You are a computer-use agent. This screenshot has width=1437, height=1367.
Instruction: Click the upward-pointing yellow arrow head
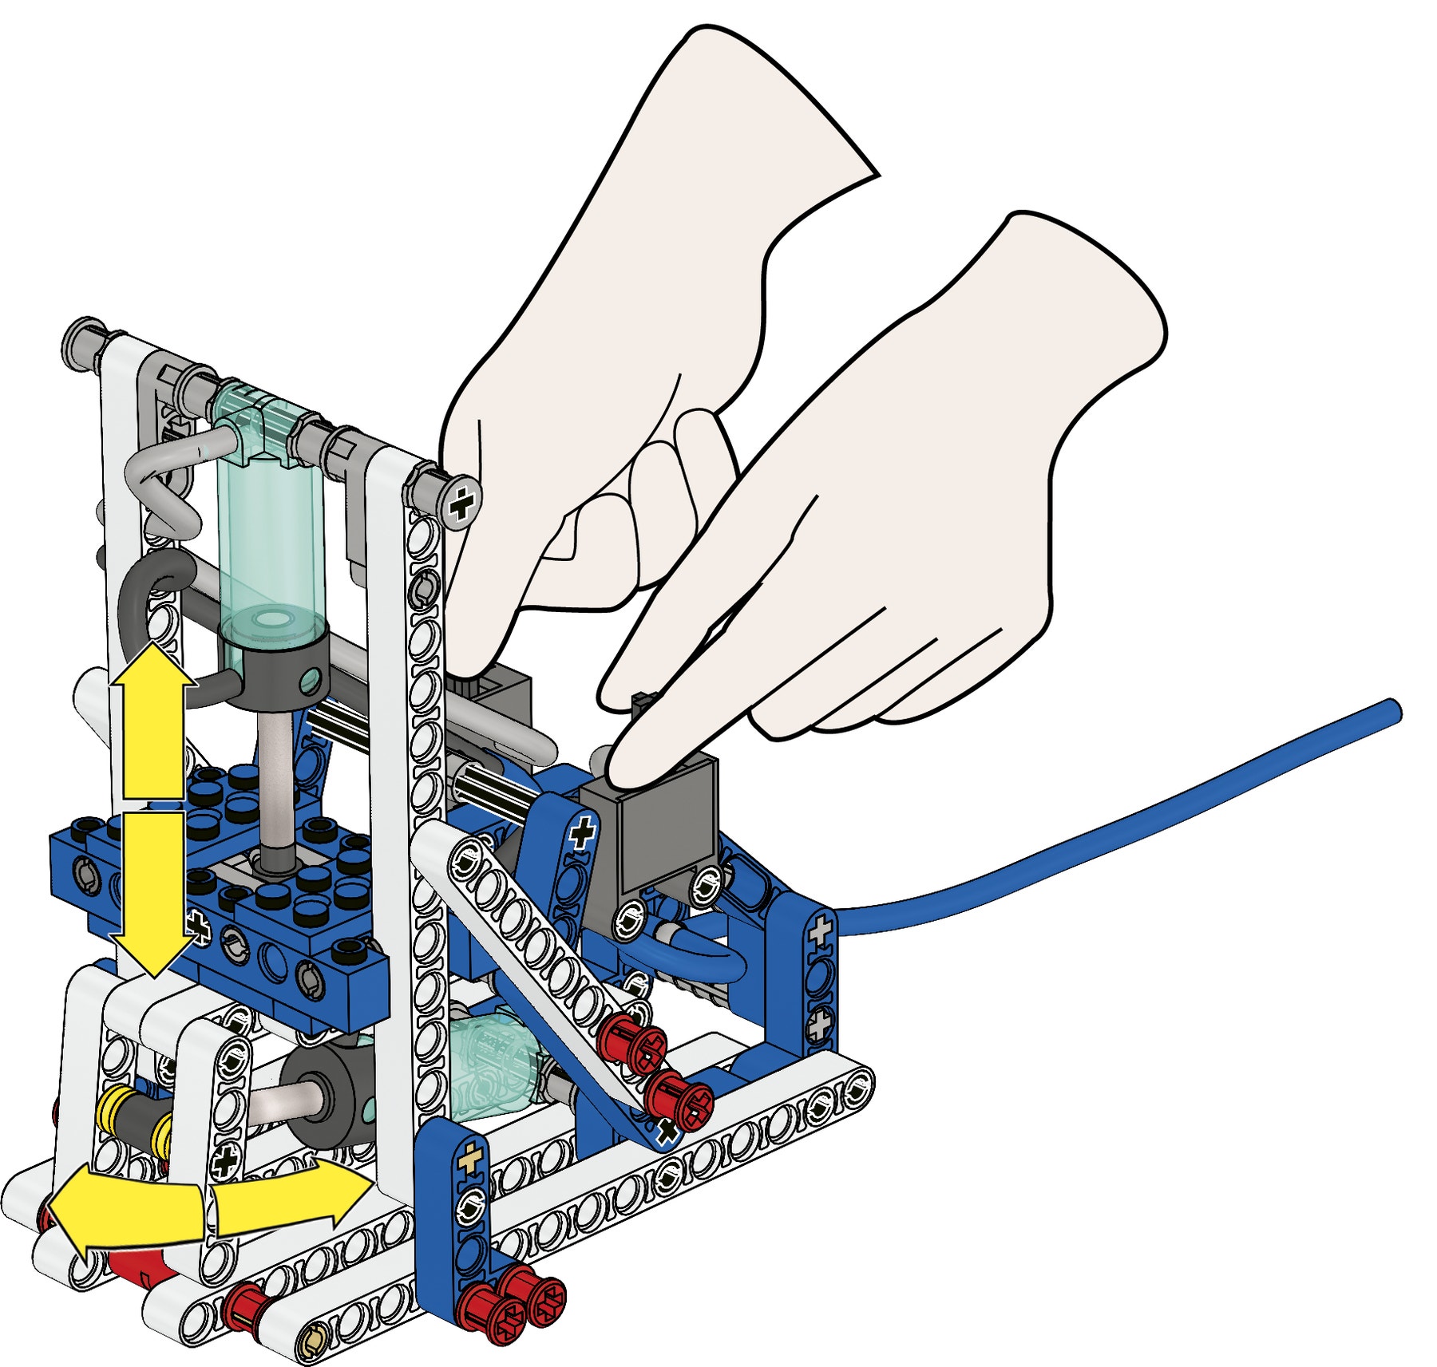tap(152, 666)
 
